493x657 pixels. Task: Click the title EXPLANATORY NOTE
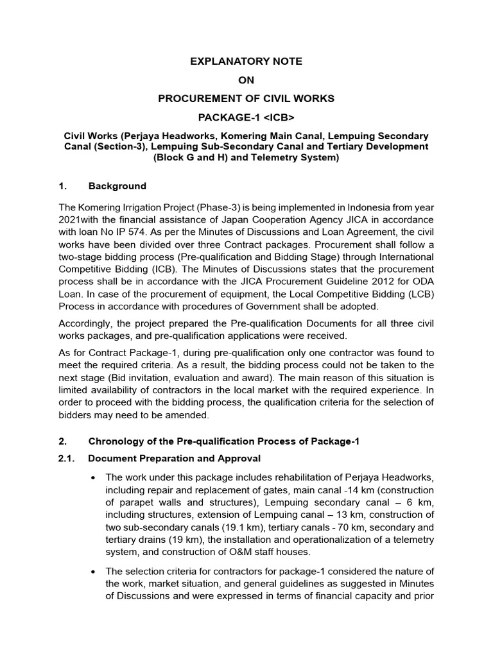246,62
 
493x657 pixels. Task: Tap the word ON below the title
246,80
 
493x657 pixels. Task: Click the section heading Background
117,187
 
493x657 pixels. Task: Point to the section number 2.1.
67,458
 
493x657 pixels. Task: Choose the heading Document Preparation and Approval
174,458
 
